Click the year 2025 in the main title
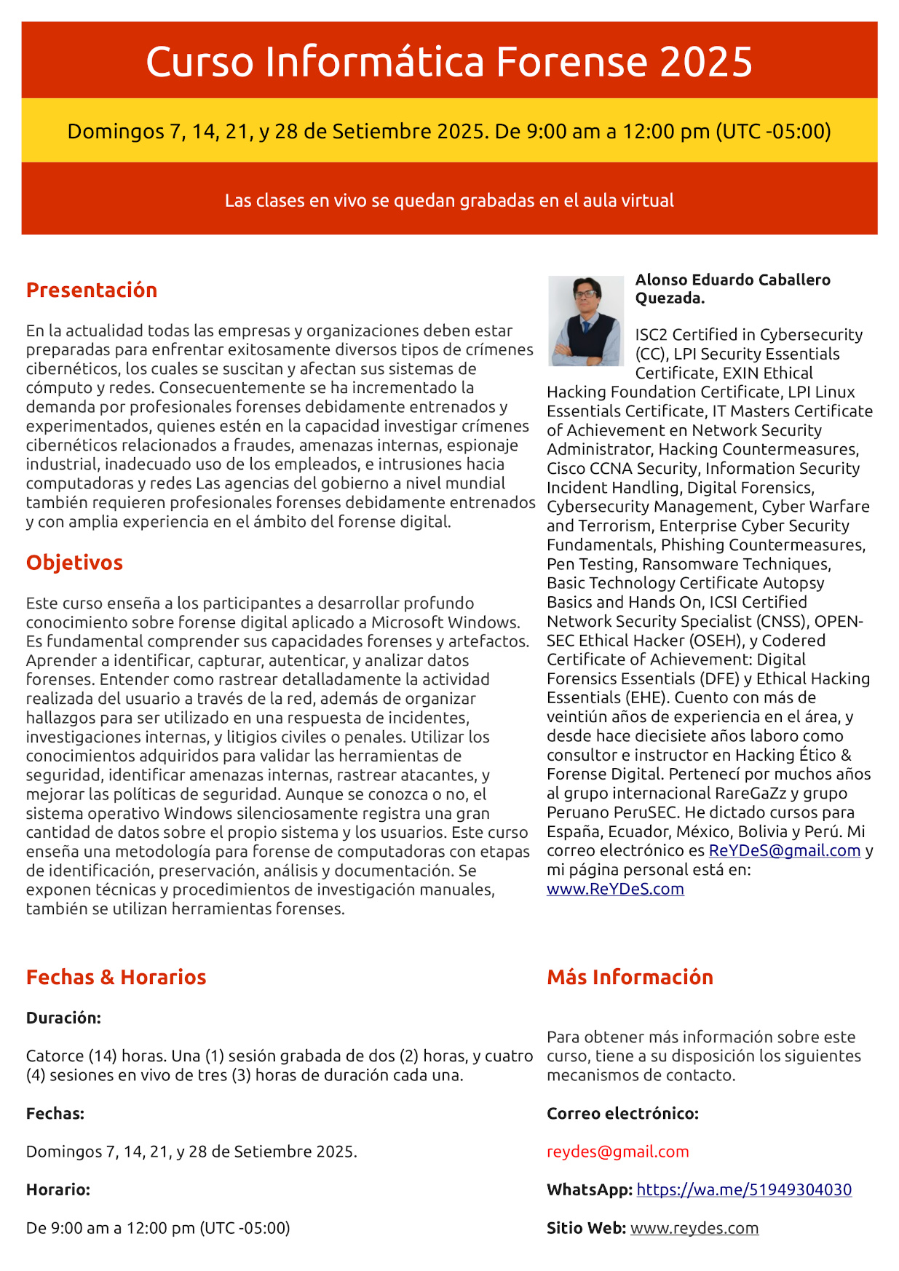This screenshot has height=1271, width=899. [705, 62]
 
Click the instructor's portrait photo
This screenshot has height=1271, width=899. [585, 321]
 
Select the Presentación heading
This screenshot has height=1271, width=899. [92, 290]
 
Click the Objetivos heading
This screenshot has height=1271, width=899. [74, 563]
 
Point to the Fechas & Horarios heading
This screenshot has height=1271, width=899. [116, 977]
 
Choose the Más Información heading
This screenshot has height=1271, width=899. [630, 977]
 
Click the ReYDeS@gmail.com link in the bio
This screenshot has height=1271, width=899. [785, 850]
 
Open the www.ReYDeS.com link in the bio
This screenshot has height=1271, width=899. [615, 889]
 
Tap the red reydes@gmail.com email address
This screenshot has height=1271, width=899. [617, 1152]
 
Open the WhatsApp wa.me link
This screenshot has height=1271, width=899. [744, 1189]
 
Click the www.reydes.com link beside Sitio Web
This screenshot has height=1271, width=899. [694, 1228]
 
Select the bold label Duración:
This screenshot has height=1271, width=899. [63, 1018]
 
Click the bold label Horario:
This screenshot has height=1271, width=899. [58, 1189]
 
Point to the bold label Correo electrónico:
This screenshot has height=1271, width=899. [622, 1113]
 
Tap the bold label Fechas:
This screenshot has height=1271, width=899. [55, 1113]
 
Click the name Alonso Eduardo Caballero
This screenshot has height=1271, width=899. [732, 280]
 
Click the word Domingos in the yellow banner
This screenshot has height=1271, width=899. [116, 131]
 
